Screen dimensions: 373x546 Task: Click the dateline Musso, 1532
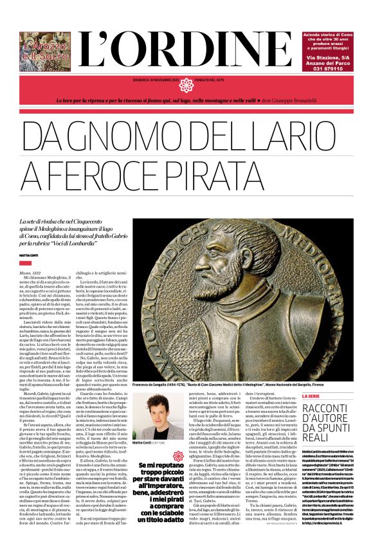click(x=32, y=273)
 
